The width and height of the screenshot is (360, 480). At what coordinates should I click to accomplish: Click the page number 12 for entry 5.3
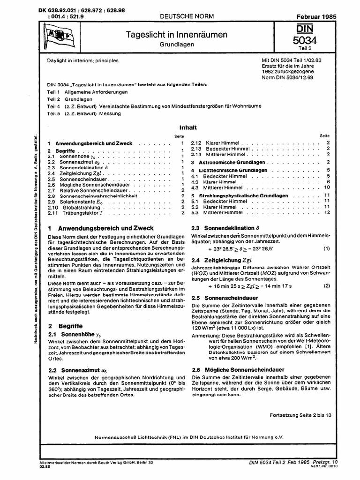328,212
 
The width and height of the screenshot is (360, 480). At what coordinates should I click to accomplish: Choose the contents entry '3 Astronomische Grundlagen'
228,162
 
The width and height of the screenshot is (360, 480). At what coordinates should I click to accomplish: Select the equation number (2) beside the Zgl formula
326,285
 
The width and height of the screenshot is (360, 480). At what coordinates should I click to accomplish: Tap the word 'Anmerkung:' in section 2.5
205,335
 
